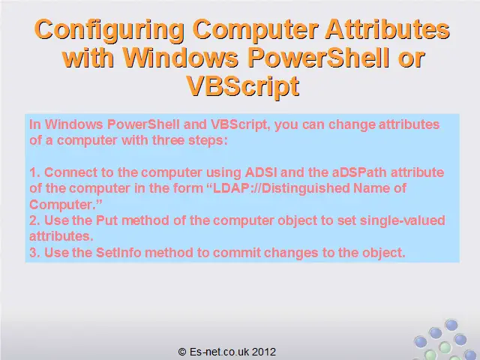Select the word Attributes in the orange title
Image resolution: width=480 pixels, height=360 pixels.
tap(387, 28)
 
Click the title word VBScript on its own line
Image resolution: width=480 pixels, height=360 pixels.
tap(243, 86)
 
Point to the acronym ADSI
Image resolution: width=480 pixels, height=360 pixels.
tap(261, 172)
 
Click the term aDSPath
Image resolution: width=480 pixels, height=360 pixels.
tap(359, 172)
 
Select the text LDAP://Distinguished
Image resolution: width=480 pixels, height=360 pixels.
tap(281, 188)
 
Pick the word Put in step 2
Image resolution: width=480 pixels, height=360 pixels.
tap(106, 220)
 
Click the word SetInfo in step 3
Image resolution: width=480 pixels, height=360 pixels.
tap(118, 253)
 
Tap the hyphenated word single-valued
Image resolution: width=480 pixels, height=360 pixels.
tap(402, 220)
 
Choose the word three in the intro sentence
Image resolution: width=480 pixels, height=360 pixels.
tap(168, 140)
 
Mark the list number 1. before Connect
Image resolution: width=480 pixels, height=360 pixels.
tap(34, 172)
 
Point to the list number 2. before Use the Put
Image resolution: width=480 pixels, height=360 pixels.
tap(34, 220)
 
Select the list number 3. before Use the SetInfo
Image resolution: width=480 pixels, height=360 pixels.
tap(34, 253)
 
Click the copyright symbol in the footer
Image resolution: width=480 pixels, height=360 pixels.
tap(182, 352)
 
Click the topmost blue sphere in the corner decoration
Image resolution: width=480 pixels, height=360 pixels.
tap(451, 325)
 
